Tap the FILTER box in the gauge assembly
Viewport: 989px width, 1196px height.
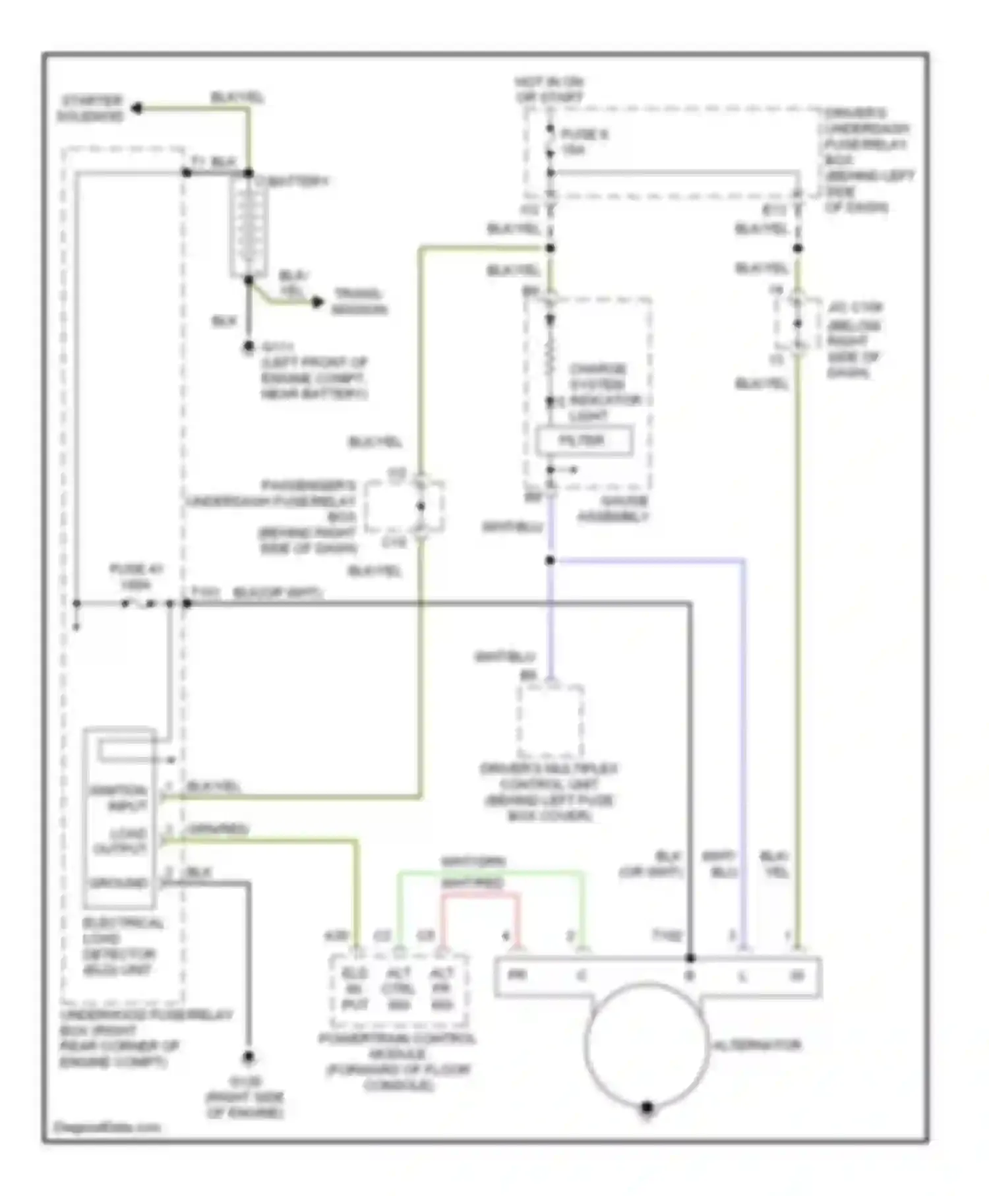pos(584,441)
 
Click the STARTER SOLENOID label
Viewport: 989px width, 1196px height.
pos(92,109)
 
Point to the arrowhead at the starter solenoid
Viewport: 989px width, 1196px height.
pos(136,108)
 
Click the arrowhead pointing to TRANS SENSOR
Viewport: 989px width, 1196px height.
pos(318,302)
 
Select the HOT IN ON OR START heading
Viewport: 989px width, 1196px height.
pos(549,90)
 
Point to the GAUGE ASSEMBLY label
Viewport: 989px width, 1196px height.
pos(613,509)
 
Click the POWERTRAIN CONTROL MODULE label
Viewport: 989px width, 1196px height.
pos(397,1061)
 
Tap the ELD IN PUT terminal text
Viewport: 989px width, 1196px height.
pos(354,989)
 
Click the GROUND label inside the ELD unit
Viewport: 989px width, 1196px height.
pos(119,883)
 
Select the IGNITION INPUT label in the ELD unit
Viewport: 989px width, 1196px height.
pos(119,798)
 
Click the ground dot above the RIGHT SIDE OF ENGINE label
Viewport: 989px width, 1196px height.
pos(249,1058)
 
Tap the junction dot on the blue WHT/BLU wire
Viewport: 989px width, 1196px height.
pos(550,560)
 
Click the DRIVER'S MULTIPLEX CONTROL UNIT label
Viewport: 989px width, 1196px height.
pos(549,792)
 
